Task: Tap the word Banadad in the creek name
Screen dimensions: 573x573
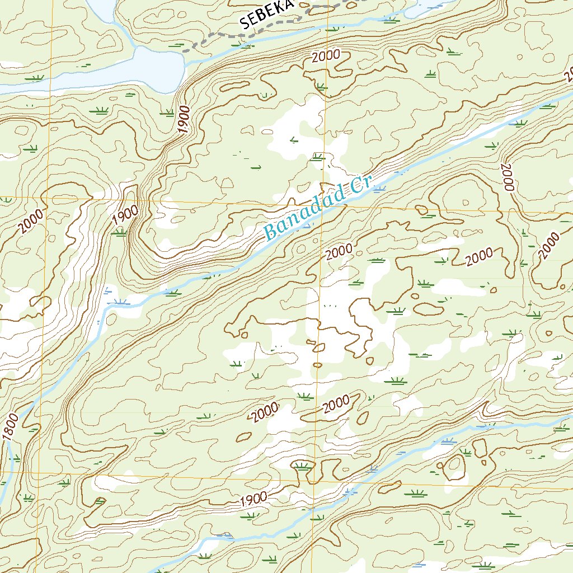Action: [302, 216]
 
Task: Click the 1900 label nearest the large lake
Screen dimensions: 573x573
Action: [185, 119]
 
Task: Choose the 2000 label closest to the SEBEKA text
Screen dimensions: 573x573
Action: [326, 57]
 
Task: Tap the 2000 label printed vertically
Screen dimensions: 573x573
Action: [507, 177]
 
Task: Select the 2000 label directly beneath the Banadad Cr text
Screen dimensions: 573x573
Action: [339, 252]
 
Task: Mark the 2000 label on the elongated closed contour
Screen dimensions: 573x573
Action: [336, 403]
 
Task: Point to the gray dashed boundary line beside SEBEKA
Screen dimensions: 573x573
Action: [218, 35]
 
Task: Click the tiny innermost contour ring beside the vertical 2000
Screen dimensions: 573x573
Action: [464, 203]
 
